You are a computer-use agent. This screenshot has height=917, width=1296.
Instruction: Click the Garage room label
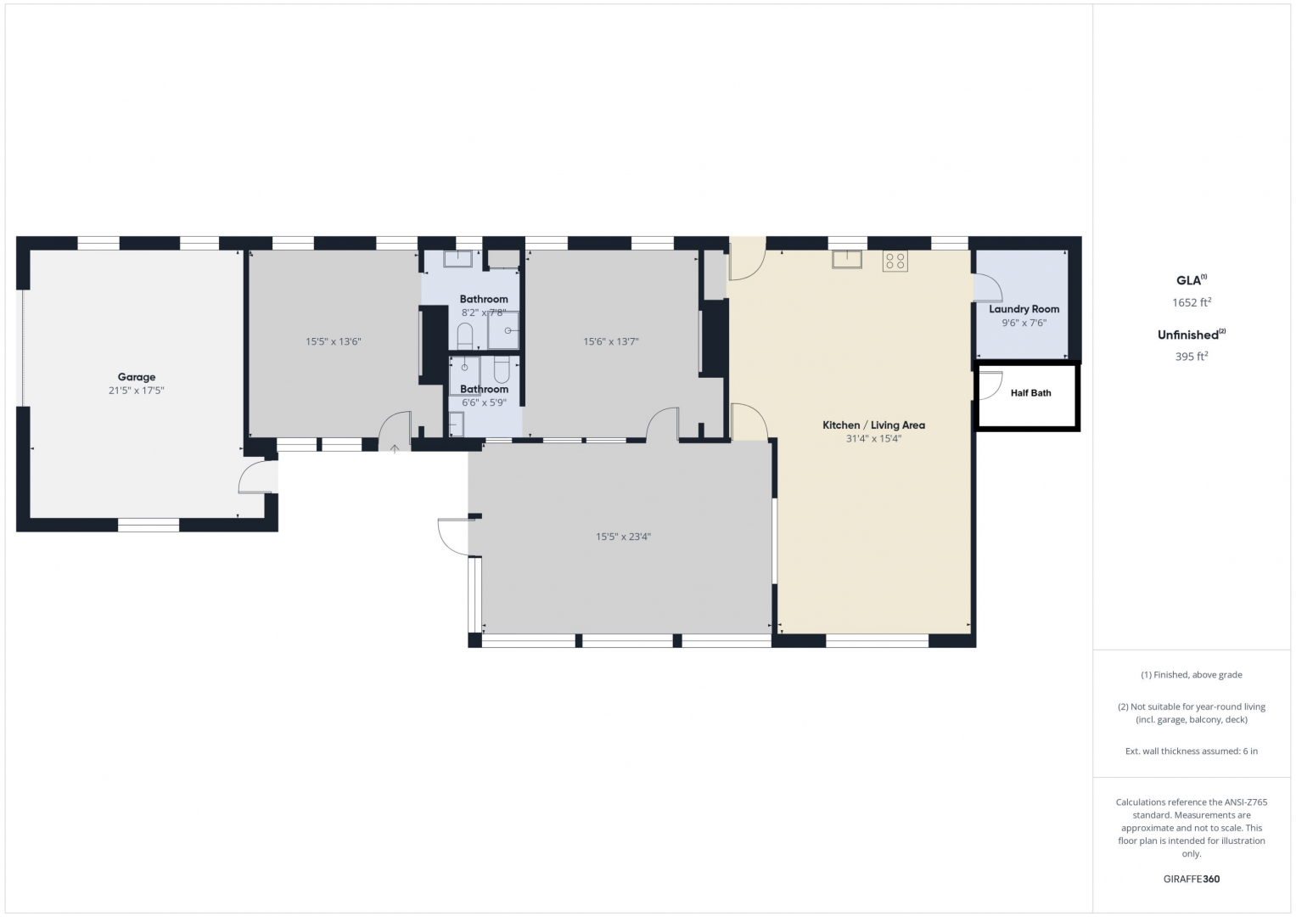137,377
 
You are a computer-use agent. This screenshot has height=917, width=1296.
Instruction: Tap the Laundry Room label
1024,309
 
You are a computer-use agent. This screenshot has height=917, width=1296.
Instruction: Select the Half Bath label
1030,393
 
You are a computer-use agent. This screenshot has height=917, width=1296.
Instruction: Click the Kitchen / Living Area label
873,425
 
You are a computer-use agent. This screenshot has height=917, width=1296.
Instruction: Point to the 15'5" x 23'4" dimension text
623,537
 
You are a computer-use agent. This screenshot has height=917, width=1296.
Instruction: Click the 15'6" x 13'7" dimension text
610,341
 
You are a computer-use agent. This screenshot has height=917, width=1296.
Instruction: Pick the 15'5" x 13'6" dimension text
334,341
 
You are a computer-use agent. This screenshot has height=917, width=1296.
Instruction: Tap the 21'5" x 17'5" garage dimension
137,391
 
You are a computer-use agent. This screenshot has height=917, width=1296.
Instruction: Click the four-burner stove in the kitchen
895,262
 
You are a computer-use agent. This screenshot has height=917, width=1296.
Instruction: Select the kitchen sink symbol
847,259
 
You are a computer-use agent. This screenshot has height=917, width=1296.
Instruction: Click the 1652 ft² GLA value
1192,302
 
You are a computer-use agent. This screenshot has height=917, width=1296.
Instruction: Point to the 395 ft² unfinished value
1192,357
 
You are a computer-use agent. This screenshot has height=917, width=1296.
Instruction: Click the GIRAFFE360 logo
1192,879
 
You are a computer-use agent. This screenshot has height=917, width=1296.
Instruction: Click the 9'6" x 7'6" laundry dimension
1024,323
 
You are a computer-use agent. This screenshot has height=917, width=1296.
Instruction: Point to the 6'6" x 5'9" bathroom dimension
485,402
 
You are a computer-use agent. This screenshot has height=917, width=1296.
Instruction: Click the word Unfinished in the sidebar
1187,335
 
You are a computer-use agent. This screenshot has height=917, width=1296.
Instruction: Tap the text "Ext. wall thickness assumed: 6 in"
1192,751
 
